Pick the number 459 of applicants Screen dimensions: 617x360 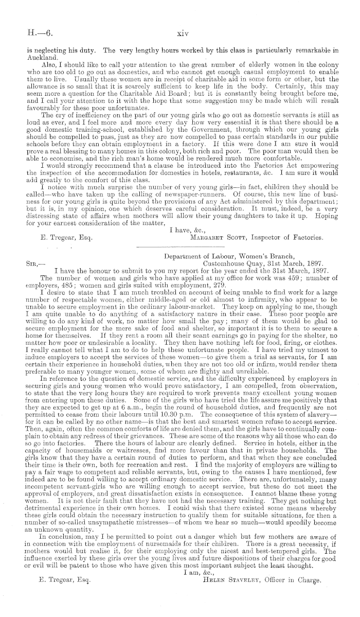[x=277, y=277]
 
